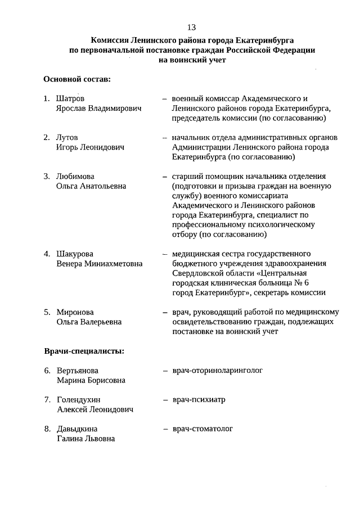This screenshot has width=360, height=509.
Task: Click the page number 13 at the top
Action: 191,27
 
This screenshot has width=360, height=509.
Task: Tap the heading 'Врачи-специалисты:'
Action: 84,352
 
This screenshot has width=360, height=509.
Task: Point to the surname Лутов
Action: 67,137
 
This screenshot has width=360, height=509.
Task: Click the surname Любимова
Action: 75,176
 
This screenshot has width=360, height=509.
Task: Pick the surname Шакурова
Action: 75,253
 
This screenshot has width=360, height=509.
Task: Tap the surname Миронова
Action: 75,312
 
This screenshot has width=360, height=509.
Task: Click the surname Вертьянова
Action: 78,371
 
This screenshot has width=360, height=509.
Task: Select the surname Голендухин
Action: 78,400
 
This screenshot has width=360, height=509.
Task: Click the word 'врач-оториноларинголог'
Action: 218,371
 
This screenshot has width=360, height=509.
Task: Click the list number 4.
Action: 47,253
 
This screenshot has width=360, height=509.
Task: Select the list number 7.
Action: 47,400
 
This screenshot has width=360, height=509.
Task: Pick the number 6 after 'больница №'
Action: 291,283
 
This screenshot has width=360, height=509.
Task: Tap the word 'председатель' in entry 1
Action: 196,118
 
